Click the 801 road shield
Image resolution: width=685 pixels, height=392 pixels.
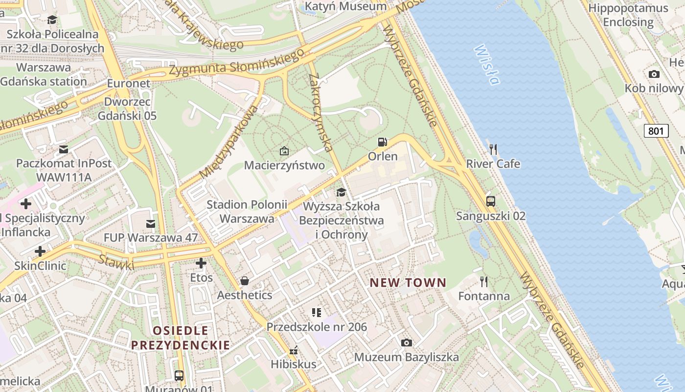(x=656, y=131)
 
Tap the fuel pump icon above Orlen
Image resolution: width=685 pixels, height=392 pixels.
(x=382, y=142)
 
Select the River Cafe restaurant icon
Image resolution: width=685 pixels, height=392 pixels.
(x=493, y=149)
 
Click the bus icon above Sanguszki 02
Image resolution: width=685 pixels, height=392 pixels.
(x=490, y=201)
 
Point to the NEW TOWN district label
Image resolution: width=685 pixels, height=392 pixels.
(x=408, y=283)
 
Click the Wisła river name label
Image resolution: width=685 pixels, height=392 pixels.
(x=487, y=65)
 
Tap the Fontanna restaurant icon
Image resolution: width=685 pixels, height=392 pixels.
(x=484, y=281)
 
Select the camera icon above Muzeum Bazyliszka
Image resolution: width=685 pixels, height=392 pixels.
(x=406, y=343)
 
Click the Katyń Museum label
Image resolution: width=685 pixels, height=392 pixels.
(x=345, y=6)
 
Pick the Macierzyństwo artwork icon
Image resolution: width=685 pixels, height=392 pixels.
(x=284, y=151)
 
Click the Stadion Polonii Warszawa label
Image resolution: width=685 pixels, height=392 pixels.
(x=247, y=212)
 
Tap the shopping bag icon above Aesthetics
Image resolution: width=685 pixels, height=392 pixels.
(x=244, y=281)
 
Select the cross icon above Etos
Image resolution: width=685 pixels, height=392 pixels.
(x=201, y=263)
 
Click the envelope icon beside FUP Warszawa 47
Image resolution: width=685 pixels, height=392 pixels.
(x=150, y=224)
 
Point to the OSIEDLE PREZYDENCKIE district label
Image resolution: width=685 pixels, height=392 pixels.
(x=180, y=338)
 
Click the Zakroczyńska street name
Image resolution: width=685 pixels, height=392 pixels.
(x=321, y=113)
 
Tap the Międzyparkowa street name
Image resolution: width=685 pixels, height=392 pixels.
(x=228, y=142)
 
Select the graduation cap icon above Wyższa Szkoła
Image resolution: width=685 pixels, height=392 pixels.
(x=341, y=192)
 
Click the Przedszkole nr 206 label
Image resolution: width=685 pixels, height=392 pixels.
(x=317, y=327)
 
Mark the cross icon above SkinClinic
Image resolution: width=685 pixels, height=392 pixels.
(x=40, y=252)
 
